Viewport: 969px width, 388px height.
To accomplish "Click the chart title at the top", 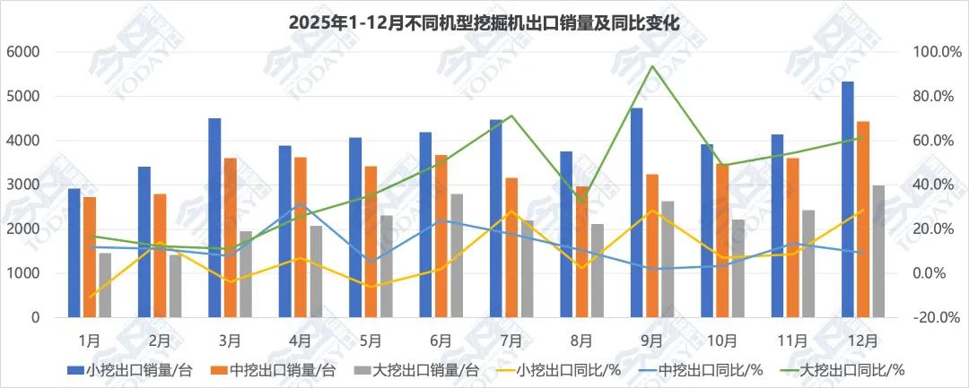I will pos(484,23).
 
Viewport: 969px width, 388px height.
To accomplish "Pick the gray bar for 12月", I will pos(877,251).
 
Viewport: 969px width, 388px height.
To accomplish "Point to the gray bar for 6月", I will pos(457,255).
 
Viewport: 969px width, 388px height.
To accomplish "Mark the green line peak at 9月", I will pos(651,66).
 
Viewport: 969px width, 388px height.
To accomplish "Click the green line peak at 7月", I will pos(511,116).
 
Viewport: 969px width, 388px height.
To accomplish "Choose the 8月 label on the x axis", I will pos(581,341).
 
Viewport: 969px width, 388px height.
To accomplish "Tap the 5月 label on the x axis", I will pos(371,341).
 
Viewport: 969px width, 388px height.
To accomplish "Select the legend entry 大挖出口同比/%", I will pos(858,369).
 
